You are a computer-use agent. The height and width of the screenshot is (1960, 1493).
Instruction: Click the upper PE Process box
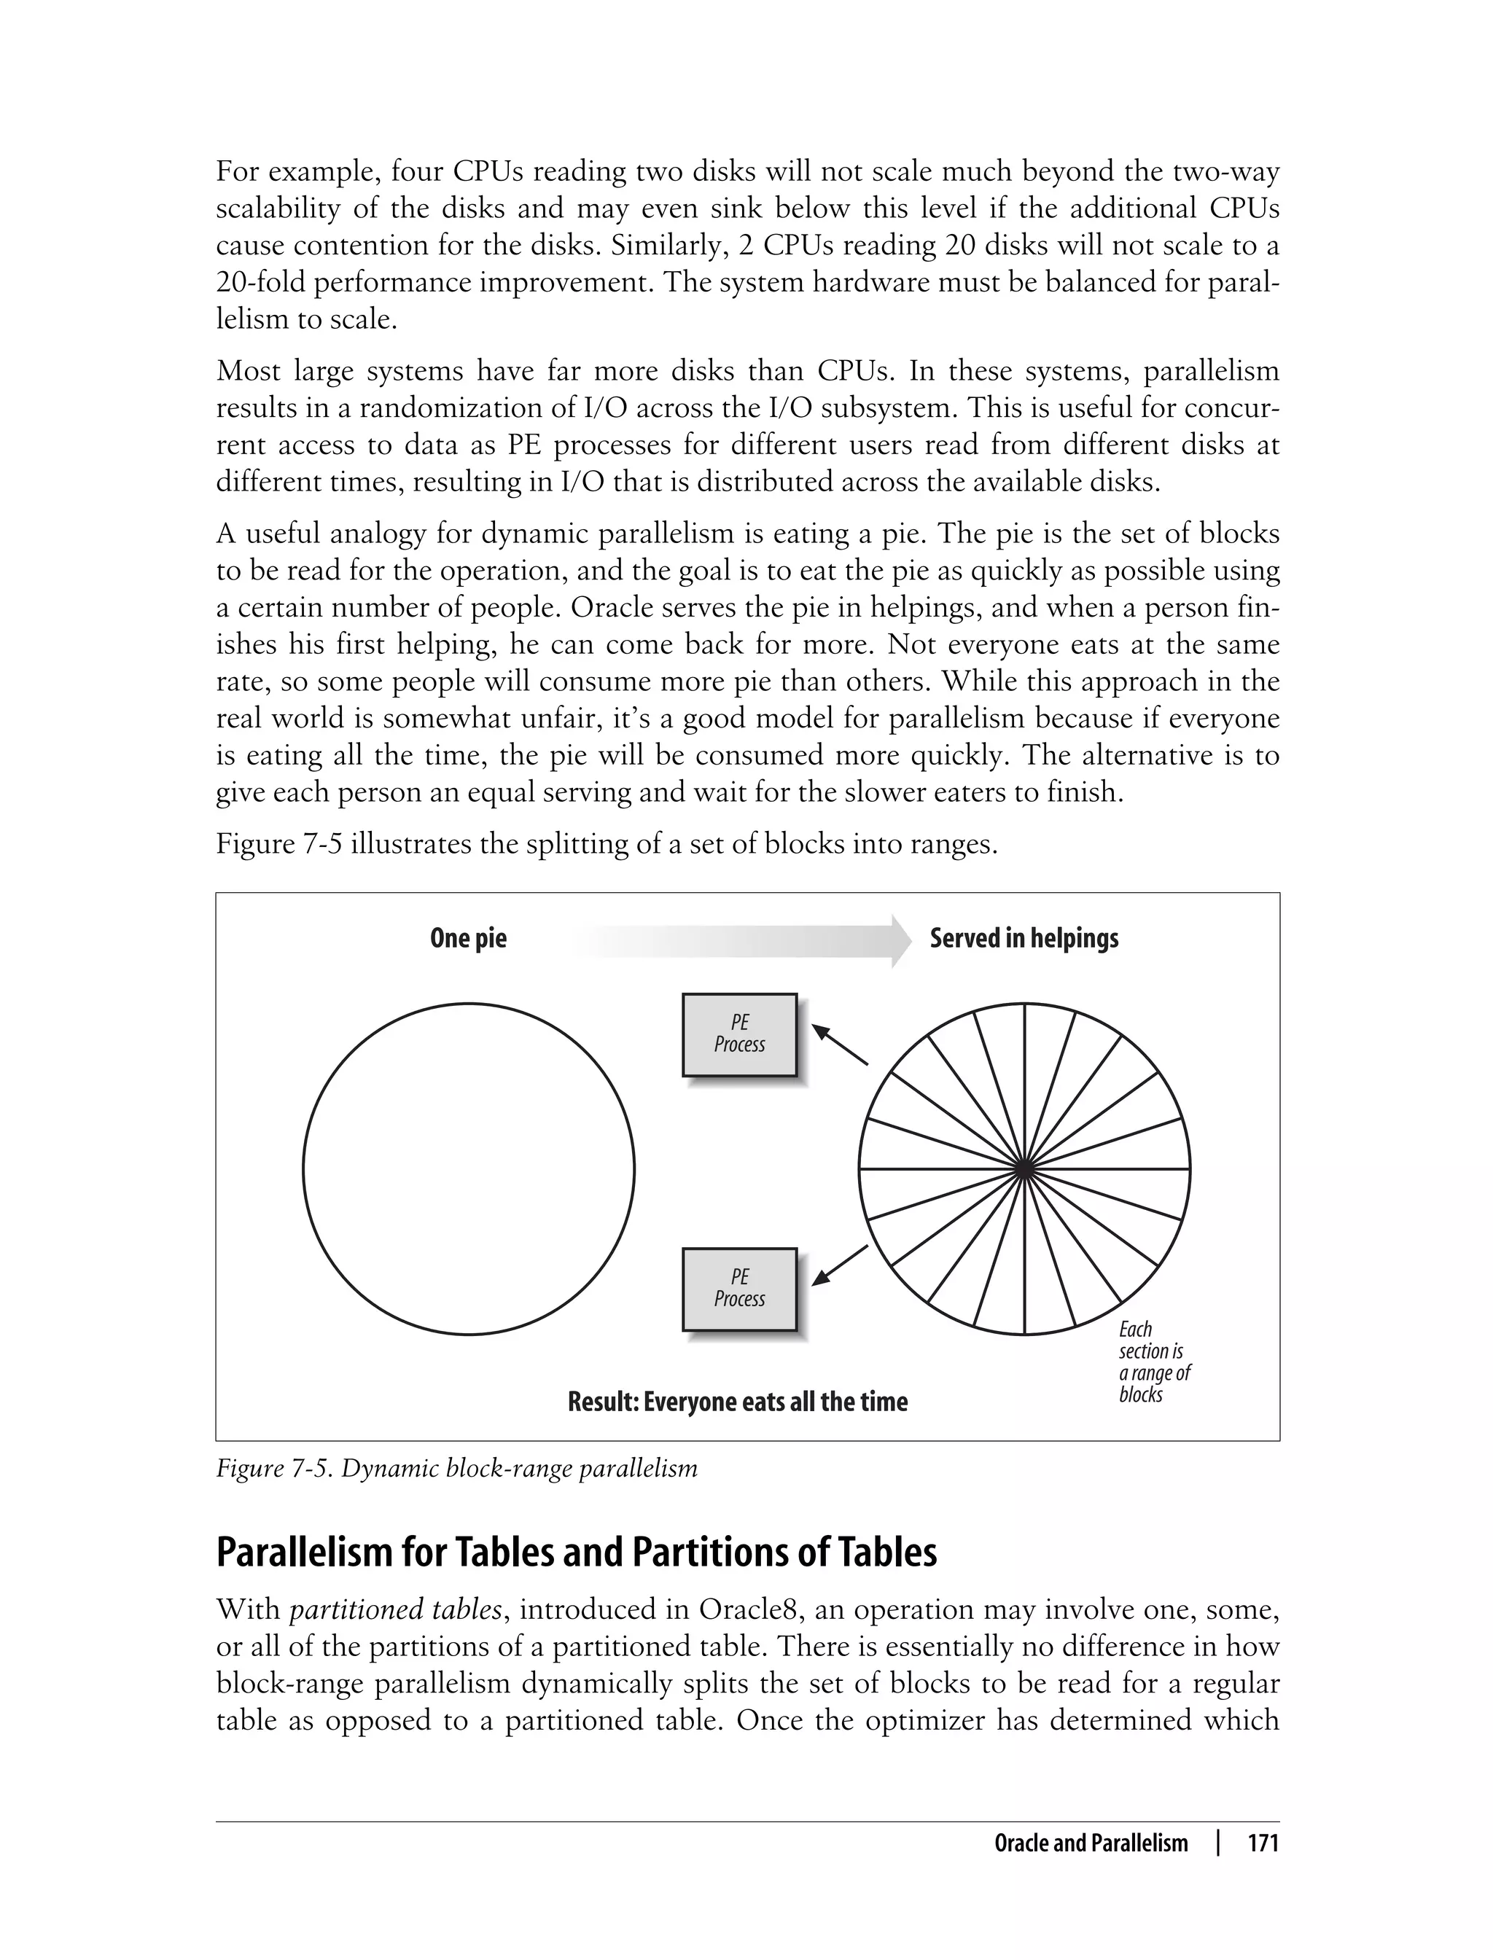738,1034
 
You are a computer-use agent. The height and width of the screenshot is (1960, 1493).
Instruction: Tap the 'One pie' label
467,938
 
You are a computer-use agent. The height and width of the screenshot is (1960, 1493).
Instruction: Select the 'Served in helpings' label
1024,938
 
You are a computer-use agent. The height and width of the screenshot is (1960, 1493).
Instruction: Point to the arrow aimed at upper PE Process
839,1044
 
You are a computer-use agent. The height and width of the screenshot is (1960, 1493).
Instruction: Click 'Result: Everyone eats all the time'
738,1402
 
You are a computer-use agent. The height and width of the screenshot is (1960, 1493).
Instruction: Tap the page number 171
1263,1843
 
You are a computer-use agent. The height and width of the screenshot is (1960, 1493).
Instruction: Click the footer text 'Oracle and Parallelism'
1091,1843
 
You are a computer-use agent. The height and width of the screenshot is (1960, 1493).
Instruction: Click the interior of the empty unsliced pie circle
468,1169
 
